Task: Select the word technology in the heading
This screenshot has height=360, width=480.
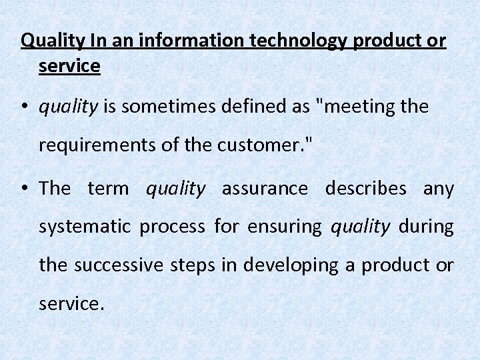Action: [297, 41]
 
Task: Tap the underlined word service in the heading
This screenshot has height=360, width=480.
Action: [69, 67]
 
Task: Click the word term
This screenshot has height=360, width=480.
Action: [108, 189]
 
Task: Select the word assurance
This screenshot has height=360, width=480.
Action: [265, 189]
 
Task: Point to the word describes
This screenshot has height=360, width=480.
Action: [365, 189]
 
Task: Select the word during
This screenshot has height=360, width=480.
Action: [426, 227]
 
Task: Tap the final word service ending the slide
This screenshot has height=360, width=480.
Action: [70, 304]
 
